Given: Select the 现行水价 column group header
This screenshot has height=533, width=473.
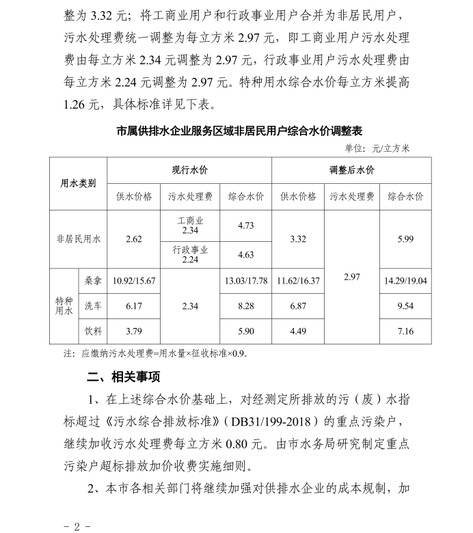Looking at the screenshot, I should (189, 169).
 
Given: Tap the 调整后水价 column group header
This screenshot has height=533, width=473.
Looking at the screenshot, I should (351, 169).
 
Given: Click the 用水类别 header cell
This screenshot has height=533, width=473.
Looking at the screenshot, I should (78, 183).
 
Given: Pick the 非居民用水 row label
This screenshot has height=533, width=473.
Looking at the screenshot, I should (78, 239).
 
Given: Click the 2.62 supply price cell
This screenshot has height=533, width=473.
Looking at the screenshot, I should (134, 239).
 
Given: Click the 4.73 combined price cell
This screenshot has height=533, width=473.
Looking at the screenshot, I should (245, 225).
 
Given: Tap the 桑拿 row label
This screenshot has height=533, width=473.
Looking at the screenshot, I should (92, 280).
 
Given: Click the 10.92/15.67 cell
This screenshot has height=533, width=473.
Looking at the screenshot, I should (134, 281).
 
